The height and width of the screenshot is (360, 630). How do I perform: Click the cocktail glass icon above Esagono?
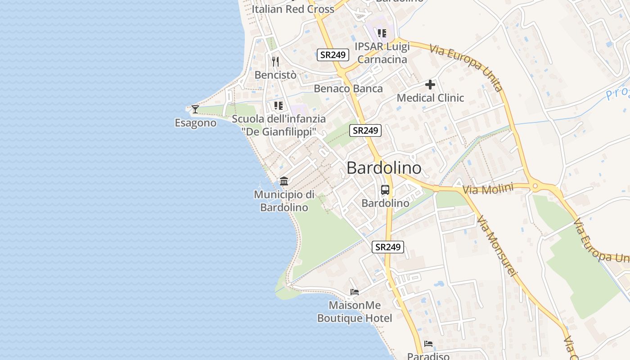click(195, 109)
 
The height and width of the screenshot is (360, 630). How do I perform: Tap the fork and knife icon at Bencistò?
click(275, 61)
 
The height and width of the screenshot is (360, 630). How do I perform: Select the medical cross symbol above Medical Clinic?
click(430, 84)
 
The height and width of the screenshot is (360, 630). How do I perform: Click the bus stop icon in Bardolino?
click(385, 189)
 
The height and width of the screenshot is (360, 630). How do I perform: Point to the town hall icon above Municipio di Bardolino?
click(284, 181)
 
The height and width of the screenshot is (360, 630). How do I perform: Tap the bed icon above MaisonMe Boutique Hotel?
click(355, 292)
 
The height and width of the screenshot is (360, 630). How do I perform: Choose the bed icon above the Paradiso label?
click(428, 344)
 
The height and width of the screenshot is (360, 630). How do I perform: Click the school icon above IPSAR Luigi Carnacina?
click(382, 33)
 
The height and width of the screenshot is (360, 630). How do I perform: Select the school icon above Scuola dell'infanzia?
click(278, 106)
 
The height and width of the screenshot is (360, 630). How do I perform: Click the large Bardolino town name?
click(384, 168)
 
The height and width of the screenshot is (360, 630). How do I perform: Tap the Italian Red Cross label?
click(293, 9)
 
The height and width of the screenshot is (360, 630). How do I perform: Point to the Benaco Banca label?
click(348, 89)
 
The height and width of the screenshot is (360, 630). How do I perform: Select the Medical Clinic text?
click(430, 98)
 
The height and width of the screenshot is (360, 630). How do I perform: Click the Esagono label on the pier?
click(195, 123)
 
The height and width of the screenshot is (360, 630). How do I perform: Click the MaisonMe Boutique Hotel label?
click(355, 312)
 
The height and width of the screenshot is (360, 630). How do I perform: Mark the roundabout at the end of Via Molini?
click(535, 185)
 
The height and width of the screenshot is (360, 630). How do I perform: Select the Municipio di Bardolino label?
click(284, 201)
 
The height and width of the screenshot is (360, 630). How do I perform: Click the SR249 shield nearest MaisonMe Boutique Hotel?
click(388, 247)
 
